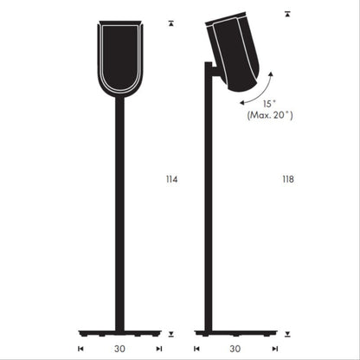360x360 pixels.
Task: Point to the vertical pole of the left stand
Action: (x=119, y=216)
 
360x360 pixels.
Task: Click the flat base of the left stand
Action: (x=119, y=331)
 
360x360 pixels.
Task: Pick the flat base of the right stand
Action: (x=231, y=331)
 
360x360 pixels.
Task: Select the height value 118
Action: (x=287, y=180)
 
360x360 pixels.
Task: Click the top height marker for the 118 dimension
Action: (x=288, y=15)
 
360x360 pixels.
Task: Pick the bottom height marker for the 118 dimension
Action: (x=288, y=334)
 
